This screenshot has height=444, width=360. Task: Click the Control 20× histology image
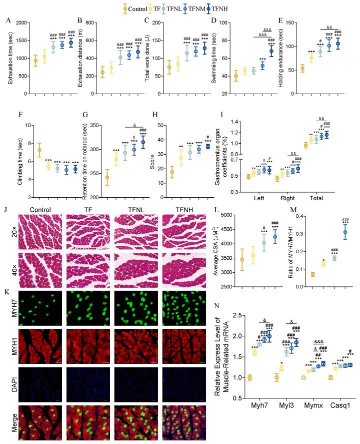click(41, 230)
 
